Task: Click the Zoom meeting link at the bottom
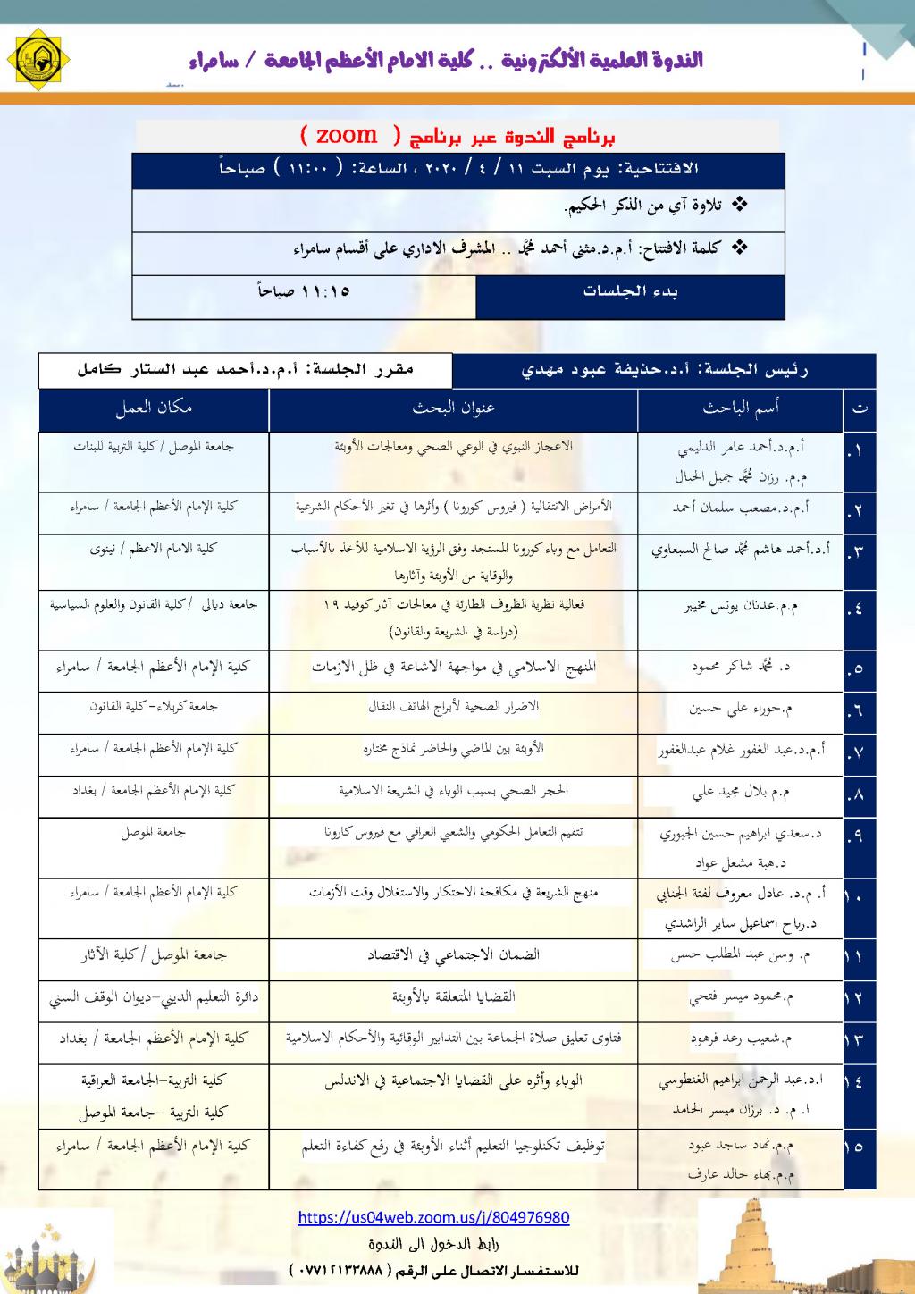(433, 1217)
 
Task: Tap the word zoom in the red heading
(347, 135)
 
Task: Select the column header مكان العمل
(154, 408)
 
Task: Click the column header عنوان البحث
(453, 408)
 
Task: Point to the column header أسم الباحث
(741, 408)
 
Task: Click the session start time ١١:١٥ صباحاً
(304, 291)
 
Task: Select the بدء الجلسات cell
(630, 291)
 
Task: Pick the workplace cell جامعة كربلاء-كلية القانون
(154, 707)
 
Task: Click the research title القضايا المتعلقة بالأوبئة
(453, 996)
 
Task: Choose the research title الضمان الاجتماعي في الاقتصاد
(453, 955)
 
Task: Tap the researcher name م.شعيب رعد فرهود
(741, 1038)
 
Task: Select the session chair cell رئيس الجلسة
(665, 370)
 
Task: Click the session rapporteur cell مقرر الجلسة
(246, 370)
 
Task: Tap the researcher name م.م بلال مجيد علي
(741, 792)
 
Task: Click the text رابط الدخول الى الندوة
(433, 1244)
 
